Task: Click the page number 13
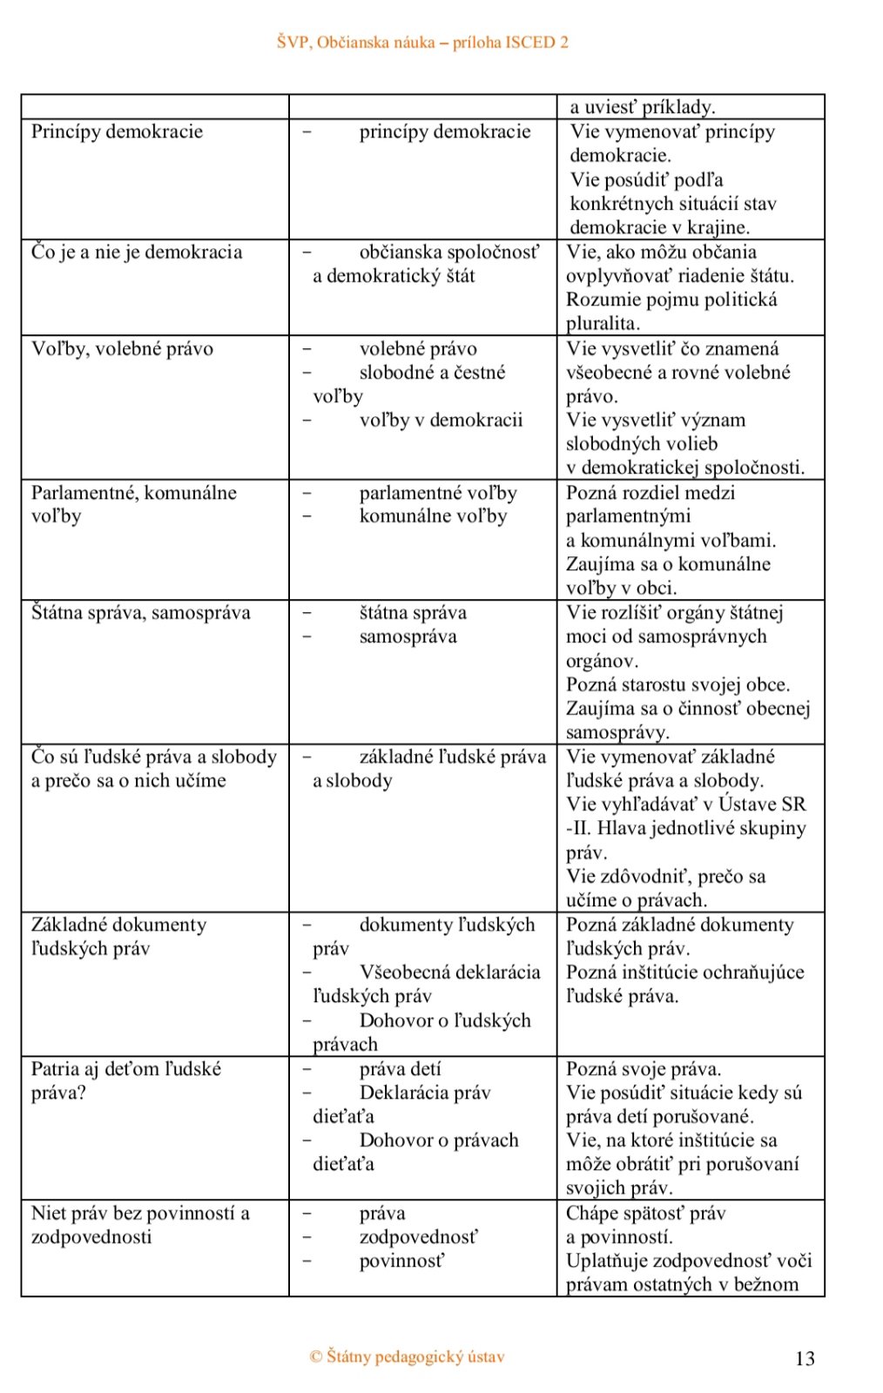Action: click(x=805, y=1358)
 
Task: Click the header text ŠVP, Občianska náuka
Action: click(x=422, y=42)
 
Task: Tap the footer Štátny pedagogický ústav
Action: click(x=408, y=1356)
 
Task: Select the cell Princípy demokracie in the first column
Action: click(x=117, y=131)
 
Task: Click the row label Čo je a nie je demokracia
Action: click(x=137, y=252)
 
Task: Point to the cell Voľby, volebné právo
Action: click(x=122, y=349)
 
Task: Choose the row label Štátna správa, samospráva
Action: click(x=140, y=613)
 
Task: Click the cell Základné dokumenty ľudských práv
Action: click(x=118, y=937)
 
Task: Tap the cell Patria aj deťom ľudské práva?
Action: click(x=125, y=1080)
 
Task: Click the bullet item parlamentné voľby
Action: click(x=438, y=493)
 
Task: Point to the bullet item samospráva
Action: click(x=408, y=636)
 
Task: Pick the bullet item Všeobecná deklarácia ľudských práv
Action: click(x=427, y=984)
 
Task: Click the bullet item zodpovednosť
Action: click(x=418, y=1237)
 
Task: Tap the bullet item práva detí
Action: click(x=400, y=1069)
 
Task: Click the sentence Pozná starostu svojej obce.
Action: click(x=677, y=684)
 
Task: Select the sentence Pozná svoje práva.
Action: click(x=644, y=1069)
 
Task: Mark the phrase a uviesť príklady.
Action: click(x=642, y=107)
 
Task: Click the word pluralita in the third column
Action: click(x=603, y=324)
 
